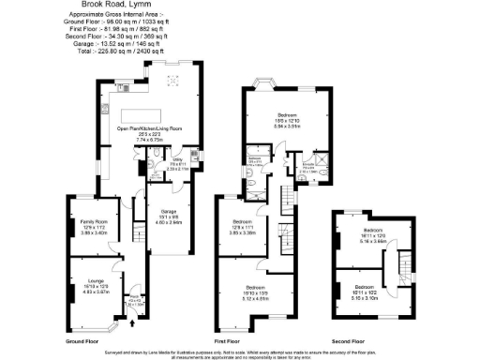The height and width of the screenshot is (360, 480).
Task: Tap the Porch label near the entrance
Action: point(136,301)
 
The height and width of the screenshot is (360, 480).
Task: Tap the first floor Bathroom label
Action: point(255,158)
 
